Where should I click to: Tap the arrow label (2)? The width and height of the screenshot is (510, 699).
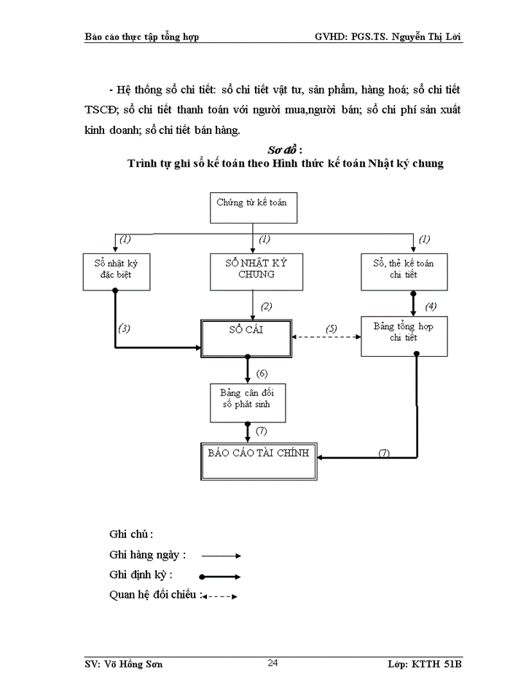(x=267, y=306)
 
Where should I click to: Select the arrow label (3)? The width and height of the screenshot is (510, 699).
(x=125, y=328)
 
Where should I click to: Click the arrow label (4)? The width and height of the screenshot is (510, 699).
(x=431, y=306)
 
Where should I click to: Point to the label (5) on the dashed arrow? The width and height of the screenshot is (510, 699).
(x=331, y=328)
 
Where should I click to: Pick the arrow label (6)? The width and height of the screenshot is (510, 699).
(x=262, y=374)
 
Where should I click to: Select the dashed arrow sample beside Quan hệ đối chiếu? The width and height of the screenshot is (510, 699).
(x=220, y=596)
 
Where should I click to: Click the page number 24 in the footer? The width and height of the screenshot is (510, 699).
(x=272, y=662)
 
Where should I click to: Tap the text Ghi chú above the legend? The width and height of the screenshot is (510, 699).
(x=131, y=534)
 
